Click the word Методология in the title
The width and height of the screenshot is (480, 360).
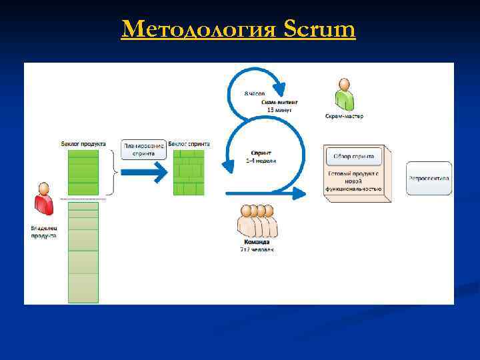(199, 29)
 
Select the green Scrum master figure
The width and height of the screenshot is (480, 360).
(344, 94)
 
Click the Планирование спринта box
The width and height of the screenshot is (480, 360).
(143, 149)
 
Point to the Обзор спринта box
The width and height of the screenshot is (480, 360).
(353, 157)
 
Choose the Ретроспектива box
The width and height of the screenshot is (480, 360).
(429, 179)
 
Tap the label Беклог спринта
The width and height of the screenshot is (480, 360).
(189, 143)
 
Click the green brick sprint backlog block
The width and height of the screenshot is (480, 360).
(188, 172)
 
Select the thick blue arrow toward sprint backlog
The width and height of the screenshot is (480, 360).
(143, 173)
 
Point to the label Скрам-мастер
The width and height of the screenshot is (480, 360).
(344, 116)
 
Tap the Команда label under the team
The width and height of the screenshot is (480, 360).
(257, 243)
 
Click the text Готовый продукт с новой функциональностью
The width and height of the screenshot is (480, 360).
(353, 181)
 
